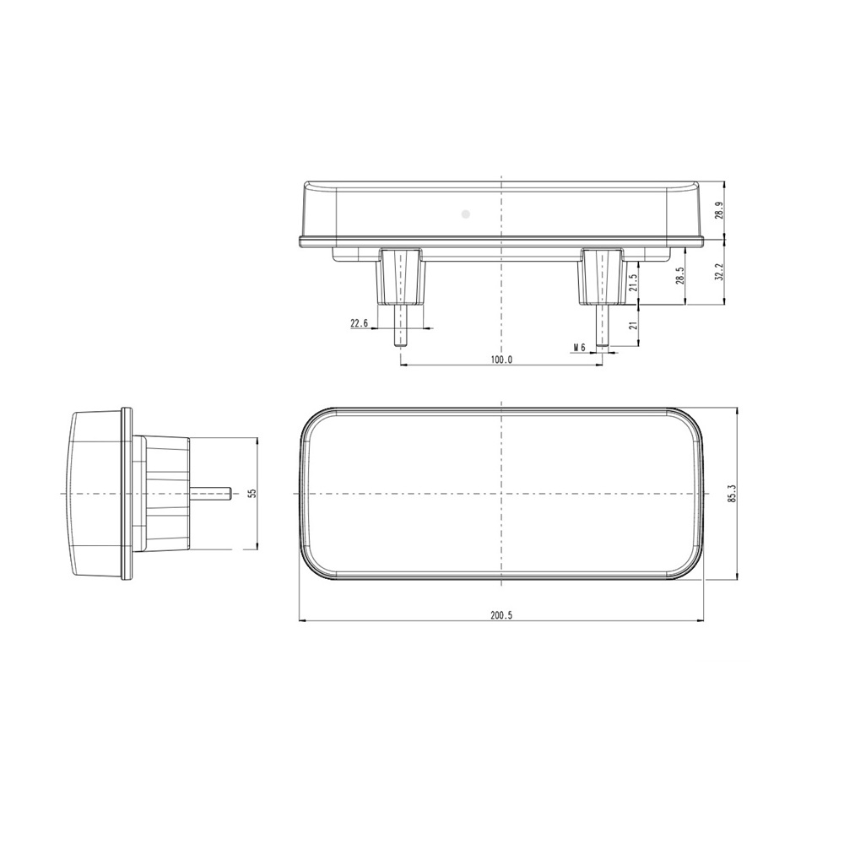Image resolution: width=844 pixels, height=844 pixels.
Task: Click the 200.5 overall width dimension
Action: [500, 615]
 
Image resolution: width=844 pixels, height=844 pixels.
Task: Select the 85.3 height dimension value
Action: [731, 495]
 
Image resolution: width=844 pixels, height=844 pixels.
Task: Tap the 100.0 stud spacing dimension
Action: [500, 360]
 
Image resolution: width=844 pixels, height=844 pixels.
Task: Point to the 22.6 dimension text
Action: [360, 323]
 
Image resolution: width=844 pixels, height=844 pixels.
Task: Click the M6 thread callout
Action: [579, 347]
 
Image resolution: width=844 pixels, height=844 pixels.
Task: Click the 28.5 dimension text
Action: [679, 276]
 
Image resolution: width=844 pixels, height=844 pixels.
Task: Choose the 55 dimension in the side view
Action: [251, 493]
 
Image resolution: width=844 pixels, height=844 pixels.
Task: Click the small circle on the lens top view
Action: [464, 214]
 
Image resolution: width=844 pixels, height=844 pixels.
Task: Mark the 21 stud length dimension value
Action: [633, 327]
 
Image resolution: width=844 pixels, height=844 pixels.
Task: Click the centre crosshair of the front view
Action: [501, 494]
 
